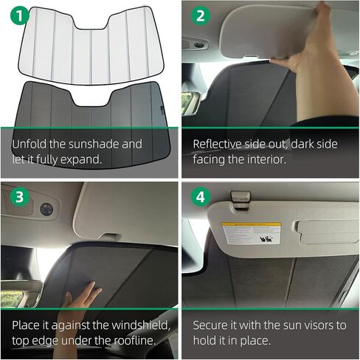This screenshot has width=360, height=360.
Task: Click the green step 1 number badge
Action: [15, 15]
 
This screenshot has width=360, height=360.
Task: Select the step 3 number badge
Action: [15, 197]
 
